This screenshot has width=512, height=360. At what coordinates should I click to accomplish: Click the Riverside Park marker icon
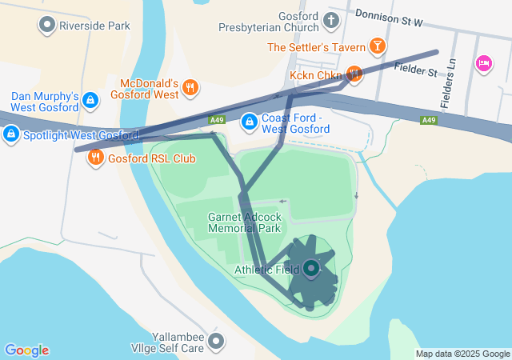click(x=47, y=25)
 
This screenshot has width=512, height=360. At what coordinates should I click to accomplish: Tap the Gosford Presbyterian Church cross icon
click(x=331, y=20)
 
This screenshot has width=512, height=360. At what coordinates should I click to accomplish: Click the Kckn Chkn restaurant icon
click(x=354, y=74)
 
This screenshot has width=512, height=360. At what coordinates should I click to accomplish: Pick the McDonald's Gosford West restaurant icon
click(x=190, y=87)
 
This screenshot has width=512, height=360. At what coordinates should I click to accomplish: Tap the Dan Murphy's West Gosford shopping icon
click(x=90, y=100)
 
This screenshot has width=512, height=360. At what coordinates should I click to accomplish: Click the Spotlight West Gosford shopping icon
click(x=11, y=135)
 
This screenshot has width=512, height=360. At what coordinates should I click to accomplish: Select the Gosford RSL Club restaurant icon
click(x=96, y=157)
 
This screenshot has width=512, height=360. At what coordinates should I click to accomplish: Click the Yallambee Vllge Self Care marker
click(x=216, y=342)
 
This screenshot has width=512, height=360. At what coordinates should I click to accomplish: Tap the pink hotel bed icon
click(x=483, y=62)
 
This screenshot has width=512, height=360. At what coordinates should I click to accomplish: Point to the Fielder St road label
click(x=416, y=71)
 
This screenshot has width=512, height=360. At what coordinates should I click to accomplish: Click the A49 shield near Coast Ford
click(x=217, y=120)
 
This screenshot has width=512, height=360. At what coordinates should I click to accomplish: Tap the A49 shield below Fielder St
click(x=429, y=120)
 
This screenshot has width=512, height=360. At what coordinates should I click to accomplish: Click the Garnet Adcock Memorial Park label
click(x=243, y=222)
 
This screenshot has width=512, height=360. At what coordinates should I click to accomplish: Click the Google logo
click(x=27, y=350)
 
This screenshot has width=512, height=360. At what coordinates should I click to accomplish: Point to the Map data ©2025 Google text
click(x=462, y=354)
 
